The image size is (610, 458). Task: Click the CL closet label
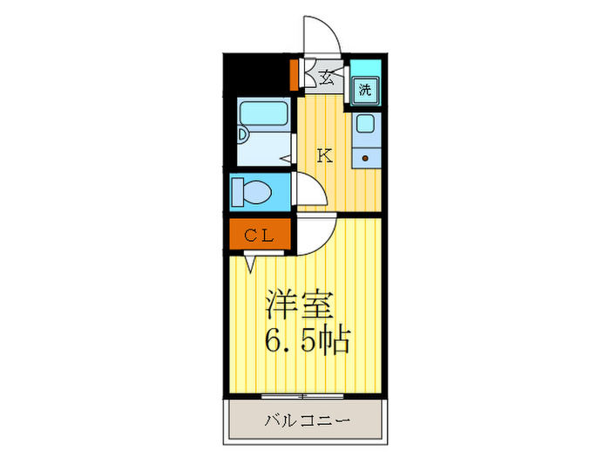pyautogui.click(x=259, y=236)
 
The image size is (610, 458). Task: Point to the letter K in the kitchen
pyautogui.click(x=323, y=157)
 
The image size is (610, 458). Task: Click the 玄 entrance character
pyautogui.click(x=325, y=77)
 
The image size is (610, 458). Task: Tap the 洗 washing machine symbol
pyautogui.click(x=365, y=89)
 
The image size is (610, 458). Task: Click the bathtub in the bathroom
pyautogui.click(x=263, y=113)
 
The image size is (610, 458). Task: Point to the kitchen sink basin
pyautogui.click(x=365, y=126)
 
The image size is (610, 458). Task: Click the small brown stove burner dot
pyautogui.click(x=365, y=158)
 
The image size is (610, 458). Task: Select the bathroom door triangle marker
pyautogui.click(x=286, y=159)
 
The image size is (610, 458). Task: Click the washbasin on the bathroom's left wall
pyautogui.click(x=243, y=135)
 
